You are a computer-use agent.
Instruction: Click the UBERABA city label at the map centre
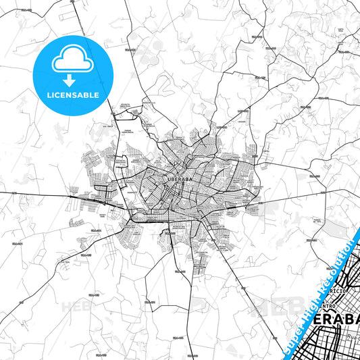click(x=180, y=180)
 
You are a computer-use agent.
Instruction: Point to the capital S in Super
click(x=286, y=348)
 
